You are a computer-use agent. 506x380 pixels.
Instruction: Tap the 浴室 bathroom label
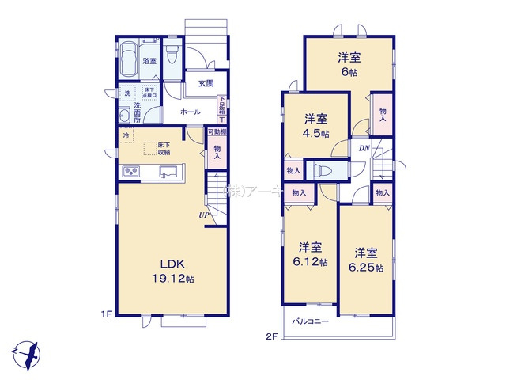[149, 61]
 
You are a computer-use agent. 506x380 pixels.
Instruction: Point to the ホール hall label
[190, 112]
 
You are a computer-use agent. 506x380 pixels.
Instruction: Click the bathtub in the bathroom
[128, 59]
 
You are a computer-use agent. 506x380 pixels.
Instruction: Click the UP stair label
[203, 215]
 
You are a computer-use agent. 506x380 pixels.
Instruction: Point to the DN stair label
[364, 148]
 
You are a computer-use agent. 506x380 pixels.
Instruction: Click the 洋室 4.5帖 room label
[318, 125]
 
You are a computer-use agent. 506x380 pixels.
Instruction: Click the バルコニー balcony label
[309, 321]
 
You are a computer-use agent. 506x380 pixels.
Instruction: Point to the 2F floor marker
[271, 336]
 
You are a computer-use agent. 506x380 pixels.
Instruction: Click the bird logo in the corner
[27, 351]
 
